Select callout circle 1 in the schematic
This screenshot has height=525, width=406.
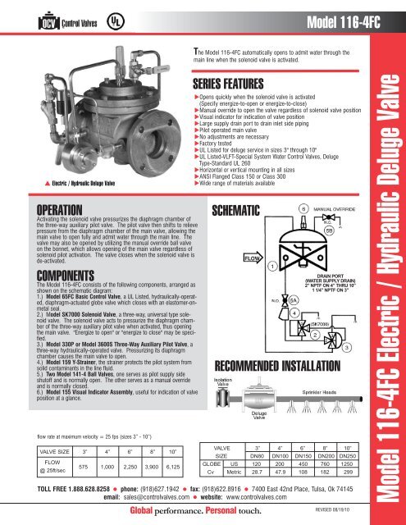(271, 242)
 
